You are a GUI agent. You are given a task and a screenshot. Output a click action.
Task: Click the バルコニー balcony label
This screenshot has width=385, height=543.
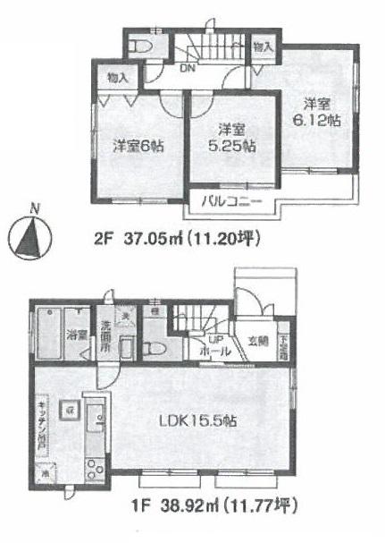(230, 200)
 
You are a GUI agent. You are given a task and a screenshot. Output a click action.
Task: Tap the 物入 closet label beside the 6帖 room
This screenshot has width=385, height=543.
(117, 79)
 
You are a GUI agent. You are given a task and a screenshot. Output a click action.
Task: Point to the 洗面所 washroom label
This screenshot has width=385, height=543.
(105, 337)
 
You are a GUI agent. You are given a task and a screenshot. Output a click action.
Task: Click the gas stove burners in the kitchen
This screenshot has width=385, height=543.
(93, 463)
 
